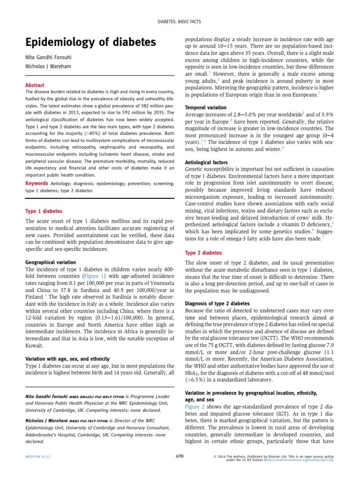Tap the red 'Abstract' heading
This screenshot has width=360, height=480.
[35, 85]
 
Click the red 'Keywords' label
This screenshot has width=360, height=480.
[36, 183]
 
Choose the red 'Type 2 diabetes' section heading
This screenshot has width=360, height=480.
[203, 253]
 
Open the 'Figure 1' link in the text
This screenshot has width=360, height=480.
[97, 277]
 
